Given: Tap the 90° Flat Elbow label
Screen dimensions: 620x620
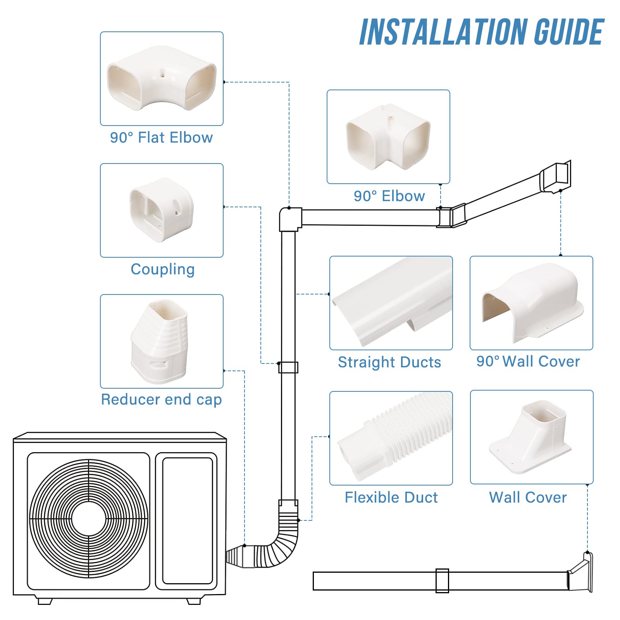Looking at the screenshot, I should click(x=161, y=138).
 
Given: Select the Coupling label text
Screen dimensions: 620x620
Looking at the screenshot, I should click(x=162, y=269).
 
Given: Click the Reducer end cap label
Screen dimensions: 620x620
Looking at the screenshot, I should click(x=161, y=400).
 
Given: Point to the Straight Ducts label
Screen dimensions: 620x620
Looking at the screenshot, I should click(x=389, y=362).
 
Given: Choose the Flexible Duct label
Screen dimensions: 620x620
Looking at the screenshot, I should click(x=391, y=498).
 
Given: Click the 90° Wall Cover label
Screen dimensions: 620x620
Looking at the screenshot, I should click(x=528, y=362).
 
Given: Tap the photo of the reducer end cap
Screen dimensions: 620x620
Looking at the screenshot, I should click(x=160, y=341).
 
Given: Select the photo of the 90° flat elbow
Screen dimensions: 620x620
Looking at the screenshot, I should click(x=161, y=79).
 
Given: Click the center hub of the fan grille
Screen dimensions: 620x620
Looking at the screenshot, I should click(x=89, y=519).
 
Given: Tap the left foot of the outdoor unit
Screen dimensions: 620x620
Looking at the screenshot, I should click(x=45, y=601).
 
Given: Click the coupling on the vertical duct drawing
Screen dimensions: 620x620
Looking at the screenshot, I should click(x=288, y=367).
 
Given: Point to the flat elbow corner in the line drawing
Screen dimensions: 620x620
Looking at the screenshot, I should click(x=290, y=219).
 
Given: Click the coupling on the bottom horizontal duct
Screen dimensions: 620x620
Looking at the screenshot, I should click(x=442, y=581).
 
